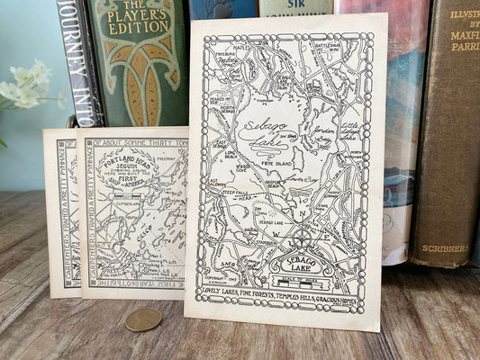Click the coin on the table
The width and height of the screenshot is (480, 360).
click(143, 319)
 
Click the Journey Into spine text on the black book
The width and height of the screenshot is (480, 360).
click(76, 54)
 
